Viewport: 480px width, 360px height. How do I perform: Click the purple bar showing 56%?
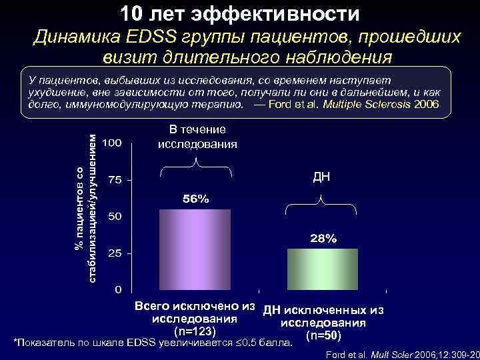(x=195, y=249)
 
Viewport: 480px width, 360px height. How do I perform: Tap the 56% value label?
(x=195, y=199)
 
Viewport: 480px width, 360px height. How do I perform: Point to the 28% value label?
(x=322, y=239)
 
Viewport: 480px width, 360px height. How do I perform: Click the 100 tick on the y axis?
(x=112, y=143)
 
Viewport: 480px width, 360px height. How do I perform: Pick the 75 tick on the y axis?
(x=115, y=180)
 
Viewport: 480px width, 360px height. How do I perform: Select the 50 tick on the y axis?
(x=115, y=217)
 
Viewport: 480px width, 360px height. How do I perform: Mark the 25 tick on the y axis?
(x=115, y=253)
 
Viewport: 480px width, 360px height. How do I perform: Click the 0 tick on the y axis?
(x=118, y=290)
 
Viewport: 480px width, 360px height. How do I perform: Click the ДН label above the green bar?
(x=322, y=177)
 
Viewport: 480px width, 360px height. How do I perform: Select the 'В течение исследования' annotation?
(x=197, y=137)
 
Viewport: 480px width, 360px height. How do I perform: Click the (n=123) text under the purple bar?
(x=195, y=330)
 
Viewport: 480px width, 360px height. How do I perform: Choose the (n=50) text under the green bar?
(x=323, y=335)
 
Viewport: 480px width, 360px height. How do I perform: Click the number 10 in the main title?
(x=133, y=13)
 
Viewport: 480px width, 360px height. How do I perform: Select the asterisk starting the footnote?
(x=16, y=343)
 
